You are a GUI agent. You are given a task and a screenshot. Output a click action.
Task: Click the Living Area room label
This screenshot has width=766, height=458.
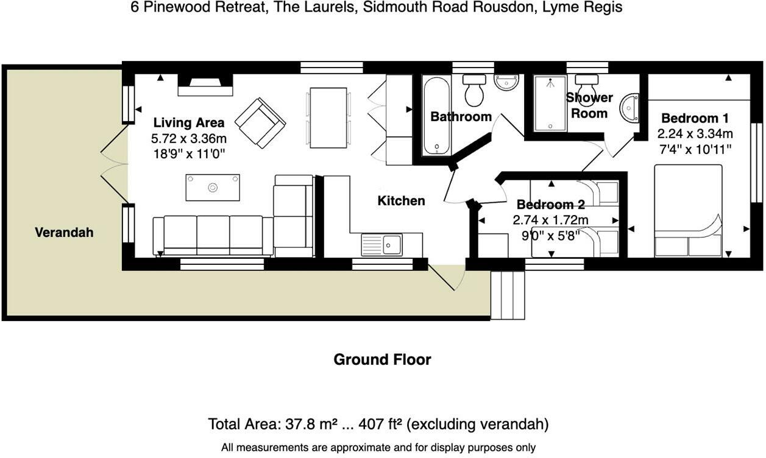click(188, 122)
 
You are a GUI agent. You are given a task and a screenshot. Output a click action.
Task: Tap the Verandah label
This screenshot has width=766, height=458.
click(64, 232)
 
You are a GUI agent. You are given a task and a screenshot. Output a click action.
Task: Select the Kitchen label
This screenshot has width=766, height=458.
click(401, 200)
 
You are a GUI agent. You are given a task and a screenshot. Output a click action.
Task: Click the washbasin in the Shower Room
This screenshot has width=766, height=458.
click(630, 108)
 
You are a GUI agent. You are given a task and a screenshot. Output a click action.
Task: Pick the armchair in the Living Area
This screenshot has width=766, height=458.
click(260, 122)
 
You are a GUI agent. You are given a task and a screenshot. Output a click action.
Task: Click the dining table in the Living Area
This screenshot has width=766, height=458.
click(328, 118)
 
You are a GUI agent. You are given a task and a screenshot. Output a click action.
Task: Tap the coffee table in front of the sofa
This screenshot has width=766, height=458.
click(213, 187)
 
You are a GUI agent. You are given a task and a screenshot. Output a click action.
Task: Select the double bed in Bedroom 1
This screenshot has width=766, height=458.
click(688, 210)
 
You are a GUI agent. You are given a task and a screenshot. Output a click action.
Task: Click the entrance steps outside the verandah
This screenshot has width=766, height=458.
click(508, 295)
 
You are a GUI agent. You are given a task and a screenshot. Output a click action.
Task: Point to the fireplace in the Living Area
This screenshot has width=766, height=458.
click(205, 86)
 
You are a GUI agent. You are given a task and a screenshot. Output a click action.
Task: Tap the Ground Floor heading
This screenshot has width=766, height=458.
click(382, 359)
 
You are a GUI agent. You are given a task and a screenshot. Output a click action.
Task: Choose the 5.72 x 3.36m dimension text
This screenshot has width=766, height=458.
click(188, 139)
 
